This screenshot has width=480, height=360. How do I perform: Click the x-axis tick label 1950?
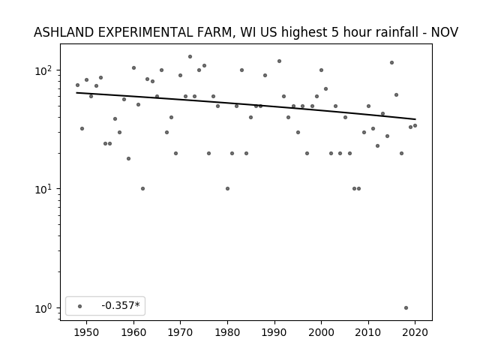[87, 332]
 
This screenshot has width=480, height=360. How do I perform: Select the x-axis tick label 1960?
[133, 332]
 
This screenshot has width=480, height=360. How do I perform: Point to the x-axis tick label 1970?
[180, 332]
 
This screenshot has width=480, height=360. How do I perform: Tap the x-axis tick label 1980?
[227, 332]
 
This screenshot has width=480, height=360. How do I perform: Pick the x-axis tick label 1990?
[274, 332]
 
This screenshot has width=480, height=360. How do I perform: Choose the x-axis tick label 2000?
[321, 332]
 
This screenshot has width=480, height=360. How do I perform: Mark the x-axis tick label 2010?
[368, 332]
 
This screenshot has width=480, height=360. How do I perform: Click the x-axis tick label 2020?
[415, 332]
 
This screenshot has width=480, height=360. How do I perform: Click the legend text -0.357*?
[121, 305]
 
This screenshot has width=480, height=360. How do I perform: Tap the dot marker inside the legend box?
[80, 306]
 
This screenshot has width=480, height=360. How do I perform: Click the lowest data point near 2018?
[406, 308]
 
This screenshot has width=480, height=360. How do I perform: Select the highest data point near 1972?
[190, 57]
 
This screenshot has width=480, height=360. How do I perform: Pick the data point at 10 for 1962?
[143, 188]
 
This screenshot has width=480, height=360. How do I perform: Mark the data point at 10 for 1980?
[227, 188]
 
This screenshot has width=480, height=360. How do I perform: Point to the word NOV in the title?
[445, 32]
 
